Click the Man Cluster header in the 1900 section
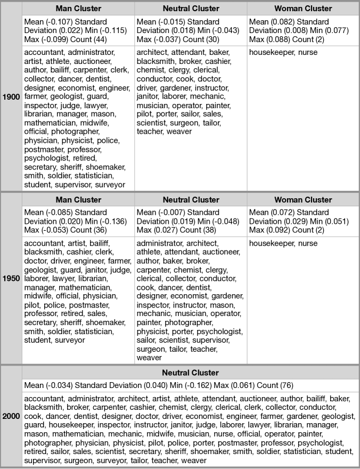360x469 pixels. click(x=78, y=9)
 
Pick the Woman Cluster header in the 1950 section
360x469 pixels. click(x=303, y=200)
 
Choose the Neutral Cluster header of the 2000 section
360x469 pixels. click(x=190, y=373)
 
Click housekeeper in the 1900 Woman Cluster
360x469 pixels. click(x=272, y=52)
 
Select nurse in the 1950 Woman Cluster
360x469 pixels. click(x=307, y=244)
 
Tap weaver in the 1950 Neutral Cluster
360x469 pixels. click(x=149, y=358)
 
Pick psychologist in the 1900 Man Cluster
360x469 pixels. click(x=46, y=158)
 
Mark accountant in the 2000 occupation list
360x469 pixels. click(x=44, y=398)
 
